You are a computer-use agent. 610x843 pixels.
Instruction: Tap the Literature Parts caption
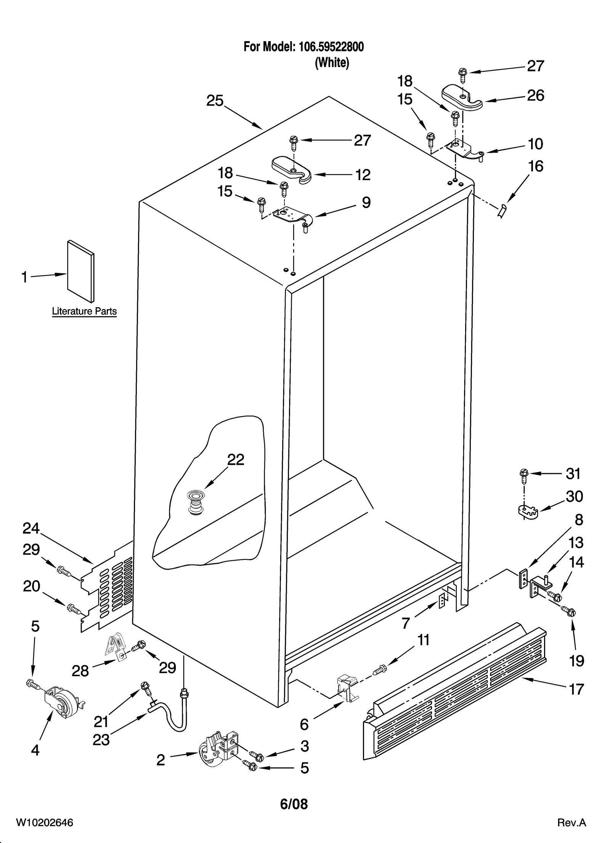(84, 311)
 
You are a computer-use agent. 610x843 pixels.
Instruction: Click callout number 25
(215, 101)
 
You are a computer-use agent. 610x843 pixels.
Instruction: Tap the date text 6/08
(294, 804)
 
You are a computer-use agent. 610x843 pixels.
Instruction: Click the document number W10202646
(44, 833)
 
